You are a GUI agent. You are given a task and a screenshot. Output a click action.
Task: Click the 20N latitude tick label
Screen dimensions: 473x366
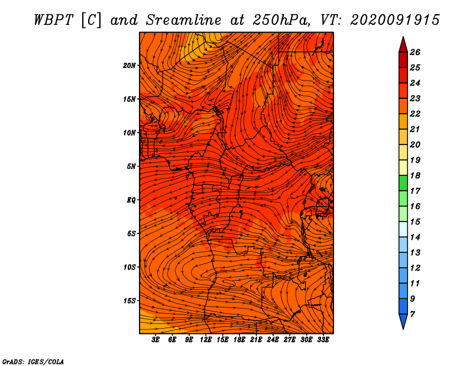pyautogui.click(x=129, y=66)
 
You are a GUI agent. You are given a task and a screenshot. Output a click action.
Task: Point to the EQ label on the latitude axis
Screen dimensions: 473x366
pyautogui.click(x=131, y=200)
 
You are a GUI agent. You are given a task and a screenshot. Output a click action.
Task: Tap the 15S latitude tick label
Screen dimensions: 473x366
pyautogui.click(x=129, y=301)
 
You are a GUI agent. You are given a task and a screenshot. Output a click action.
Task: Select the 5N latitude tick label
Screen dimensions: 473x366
pyautogui.click(x=131, y=166)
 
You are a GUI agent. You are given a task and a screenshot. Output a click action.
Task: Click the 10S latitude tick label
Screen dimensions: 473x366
pyautogui.click(x=129, y=267)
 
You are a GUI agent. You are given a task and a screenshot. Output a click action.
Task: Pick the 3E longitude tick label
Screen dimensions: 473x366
pyautogui.click(x=155, y=340)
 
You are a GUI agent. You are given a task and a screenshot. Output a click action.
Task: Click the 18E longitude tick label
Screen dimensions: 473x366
pyautogui.click(x=239, y=340)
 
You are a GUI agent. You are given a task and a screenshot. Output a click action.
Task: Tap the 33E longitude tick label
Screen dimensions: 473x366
pyautogui.click(x=323, y=340)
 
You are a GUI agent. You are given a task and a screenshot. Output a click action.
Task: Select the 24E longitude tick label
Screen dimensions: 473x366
pyautogui.click(x=273, y=340)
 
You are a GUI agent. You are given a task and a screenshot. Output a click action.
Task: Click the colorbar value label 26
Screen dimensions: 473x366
pyautogui.click(x=415, y=52)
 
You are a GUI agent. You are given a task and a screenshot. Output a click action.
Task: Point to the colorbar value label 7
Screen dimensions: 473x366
pyautogui.click(x=412, y=314)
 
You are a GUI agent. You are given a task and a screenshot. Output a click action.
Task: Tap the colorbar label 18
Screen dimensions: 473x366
pyautogui.click(x=415, y=175)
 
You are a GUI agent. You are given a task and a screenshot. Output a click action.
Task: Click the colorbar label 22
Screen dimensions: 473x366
pyautogui.click(x=415, y=114)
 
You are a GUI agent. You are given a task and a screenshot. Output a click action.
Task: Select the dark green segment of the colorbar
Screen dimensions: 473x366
pyautogui.click(x=403, y=183)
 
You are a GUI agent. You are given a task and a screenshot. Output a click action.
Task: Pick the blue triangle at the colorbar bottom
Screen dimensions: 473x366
pyautogui.click(x=403, y=320)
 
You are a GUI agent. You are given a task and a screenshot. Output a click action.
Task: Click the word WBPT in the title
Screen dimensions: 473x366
pyautogui.click(x=54, y=20)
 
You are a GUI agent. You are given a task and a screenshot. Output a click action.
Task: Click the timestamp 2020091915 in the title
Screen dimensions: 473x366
pyautogui.click(x=395, y=20)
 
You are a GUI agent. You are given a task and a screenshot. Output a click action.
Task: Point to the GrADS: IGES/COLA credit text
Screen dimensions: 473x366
pyautogui.click(x=33, y=361)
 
